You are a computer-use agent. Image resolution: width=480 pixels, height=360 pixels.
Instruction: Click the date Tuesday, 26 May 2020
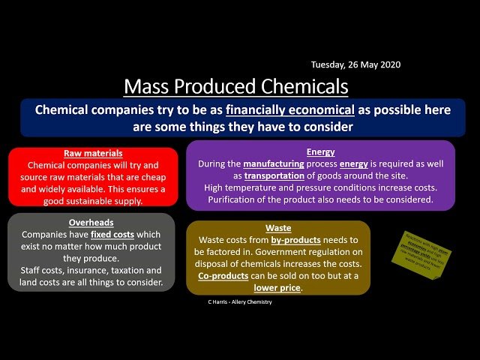(355, 64)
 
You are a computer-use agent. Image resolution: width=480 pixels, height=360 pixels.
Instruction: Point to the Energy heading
(320, 151)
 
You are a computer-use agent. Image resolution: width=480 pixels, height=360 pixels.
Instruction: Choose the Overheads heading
(91, 223)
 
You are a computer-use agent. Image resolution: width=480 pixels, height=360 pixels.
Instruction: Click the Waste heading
(278, 227)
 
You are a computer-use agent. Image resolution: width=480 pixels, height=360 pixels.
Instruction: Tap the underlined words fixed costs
(112, 235)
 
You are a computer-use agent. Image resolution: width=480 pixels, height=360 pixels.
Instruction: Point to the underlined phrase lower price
(277, 287)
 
